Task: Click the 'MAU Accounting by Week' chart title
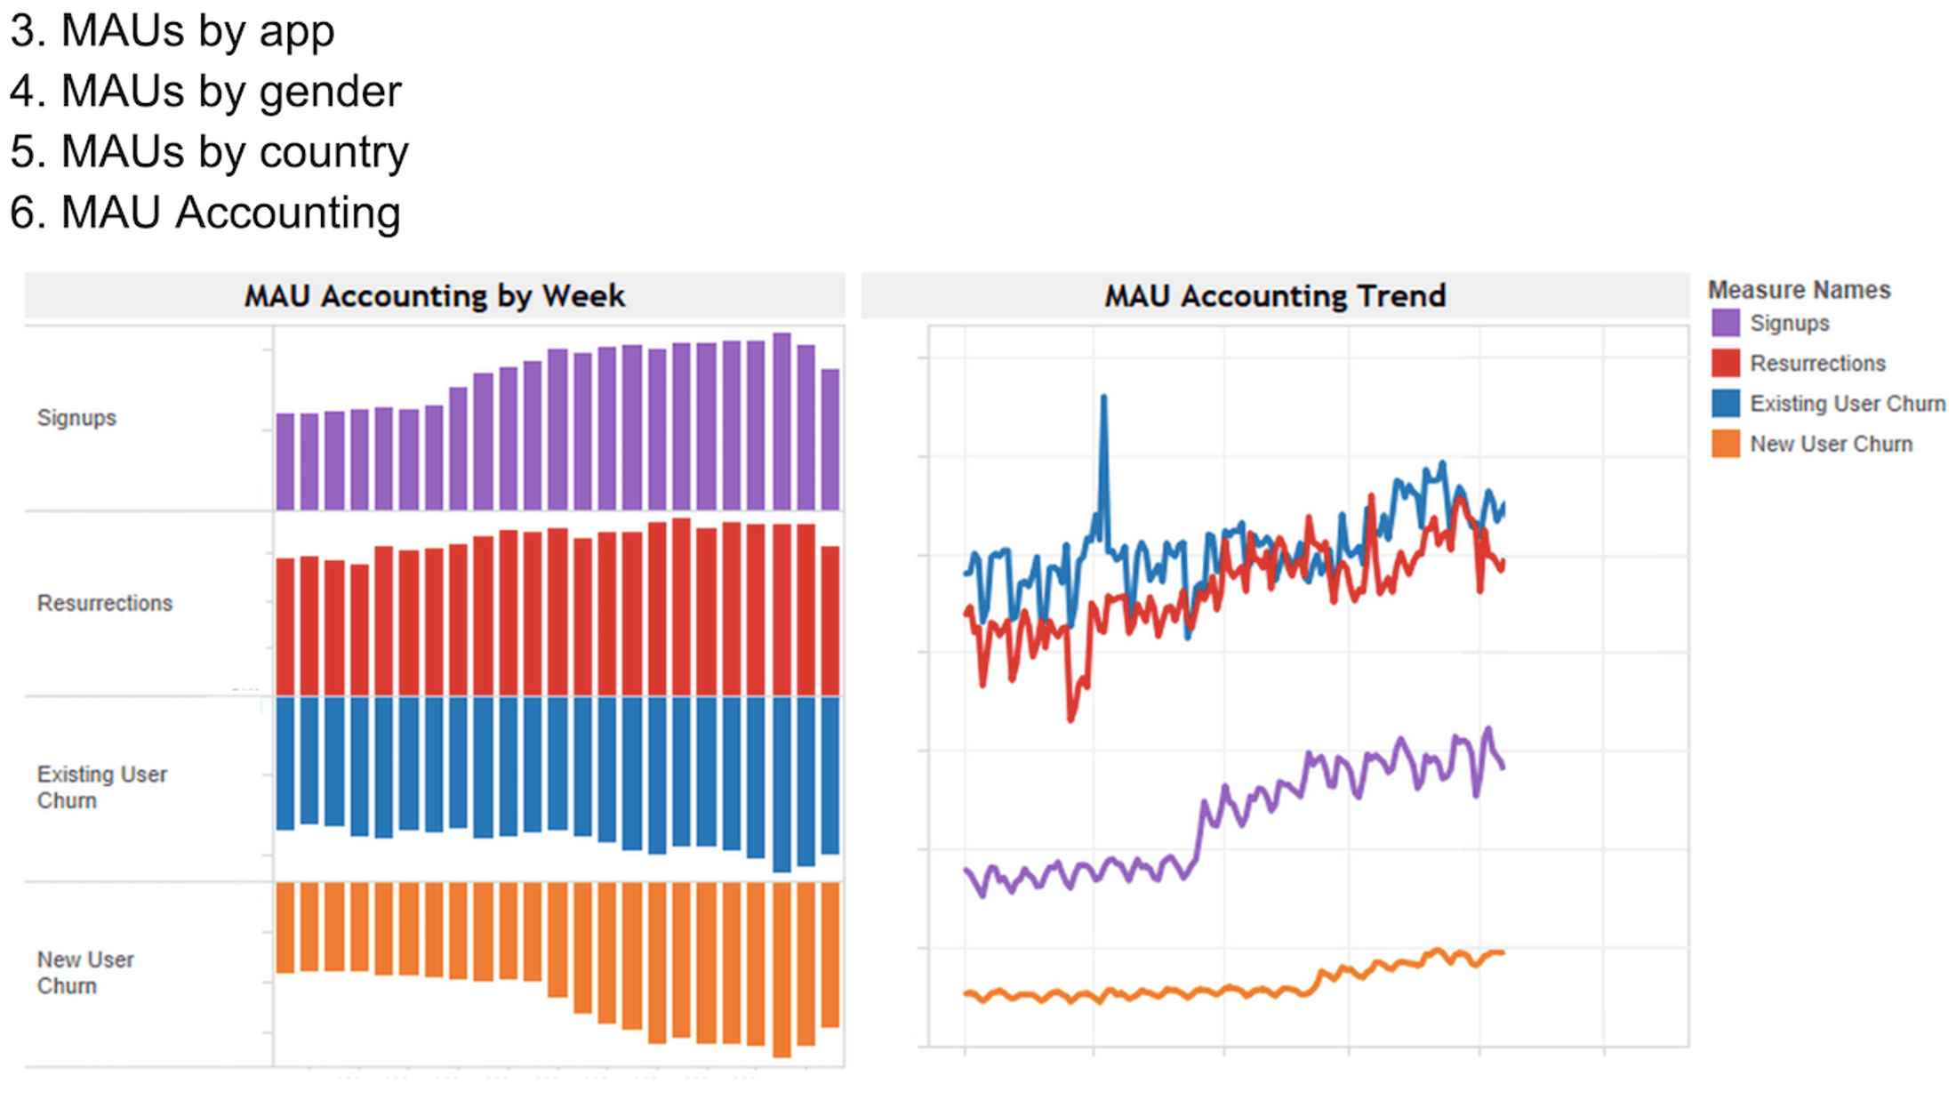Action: pos(434,296)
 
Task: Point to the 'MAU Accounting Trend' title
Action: pos(1274,296)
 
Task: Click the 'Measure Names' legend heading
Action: pos(1799,290)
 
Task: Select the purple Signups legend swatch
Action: pos(1725,323)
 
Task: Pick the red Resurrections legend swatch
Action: pos(1725,363)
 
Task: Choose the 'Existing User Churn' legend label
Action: pos(1847,404)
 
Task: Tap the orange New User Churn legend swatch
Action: pos(1725,444)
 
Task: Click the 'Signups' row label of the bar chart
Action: pos(76,418)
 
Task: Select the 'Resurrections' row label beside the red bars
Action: pos(105,603)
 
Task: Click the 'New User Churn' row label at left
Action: pos(85,972)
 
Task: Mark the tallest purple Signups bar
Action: pos(782,422)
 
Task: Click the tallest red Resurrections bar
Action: pos(681,606)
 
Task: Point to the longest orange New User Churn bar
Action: pos(782,969)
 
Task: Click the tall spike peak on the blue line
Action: pos(1103,398)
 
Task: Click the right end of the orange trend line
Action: pos(1502,953)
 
